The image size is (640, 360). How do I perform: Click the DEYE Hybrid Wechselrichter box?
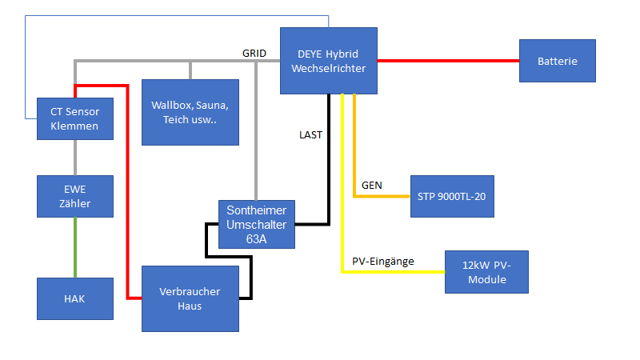point(328,60)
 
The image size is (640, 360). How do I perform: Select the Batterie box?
point(557,61)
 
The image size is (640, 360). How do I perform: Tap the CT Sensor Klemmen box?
point(74,118)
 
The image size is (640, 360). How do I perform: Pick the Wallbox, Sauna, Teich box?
point(190,112)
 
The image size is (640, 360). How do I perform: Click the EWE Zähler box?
point(74,196)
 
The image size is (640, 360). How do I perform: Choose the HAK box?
point(74,298)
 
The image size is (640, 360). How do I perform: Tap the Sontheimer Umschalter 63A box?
point(257,224)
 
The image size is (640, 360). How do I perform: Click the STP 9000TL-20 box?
point(451,196)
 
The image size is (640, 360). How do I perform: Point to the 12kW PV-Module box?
point(486,272)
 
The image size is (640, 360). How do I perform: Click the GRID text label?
point(254,53)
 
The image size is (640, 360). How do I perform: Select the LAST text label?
point(310,135)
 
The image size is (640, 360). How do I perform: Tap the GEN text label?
point(371,185)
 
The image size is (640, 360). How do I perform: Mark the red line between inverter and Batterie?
point(448,61)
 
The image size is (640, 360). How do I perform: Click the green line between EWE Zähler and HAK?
point(74,247)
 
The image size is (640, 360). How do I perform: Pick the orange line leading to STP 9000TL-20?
point(384,196)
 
